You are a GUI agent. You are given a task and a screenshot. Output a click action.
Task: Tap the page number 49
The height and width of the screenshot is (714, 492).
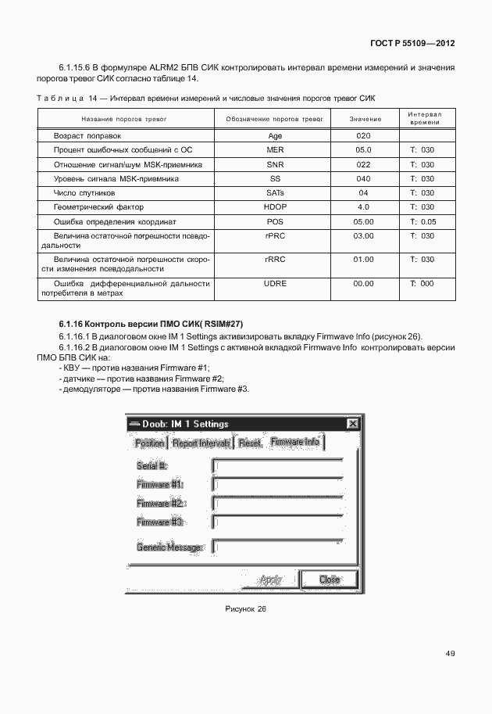click(450, 654)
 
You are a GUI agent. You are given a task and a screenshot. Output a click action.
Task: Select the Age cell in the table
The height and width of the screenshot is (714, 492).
click(274, 135)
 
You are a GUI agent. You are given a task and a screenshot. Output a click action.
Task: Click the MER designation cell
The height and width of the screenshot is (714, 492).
click(274, 149)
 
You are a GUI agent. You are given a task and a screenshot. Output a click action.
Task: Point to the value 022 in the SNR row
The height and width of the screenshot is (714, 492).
click(363, 164)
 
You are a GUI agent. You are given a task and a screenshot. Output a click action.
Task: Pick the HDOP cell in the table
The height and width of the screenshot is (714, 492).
click(274, 207)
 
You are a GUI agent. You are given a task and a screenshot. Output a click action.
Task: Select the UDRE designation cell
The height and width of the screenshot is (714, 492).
click(274, 284)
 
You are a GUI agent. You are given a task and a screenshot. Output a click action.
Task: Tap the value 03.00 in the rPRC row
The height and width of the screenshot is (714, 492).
click(363, 236)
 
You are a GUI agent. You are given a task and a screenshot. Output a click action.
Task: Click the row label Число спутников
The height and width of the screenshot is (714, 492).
click(84, 192)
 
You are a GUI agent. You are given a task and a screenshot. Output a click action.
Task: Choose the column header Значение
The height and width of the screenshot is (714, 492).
click(365, 119)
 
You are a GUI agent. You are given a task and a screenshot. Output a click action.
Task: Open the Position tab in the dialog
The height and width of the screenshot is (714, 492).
click(149, 443)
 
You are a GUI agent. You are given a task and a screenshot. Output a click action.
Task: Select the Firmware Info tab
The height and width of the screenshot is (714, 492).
click(294, 442)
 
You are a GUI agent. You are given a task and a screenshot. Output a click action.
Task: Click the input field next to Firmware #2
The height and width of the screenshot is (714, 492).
click(278, 503)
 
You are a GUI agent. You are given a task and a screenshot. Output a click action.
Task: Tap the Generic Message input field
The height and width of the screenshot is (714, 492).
click(278, 547)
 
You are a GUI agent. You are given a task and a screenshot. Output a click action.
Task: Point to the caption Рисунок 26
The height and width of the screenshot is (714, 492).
click(245, 608)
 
